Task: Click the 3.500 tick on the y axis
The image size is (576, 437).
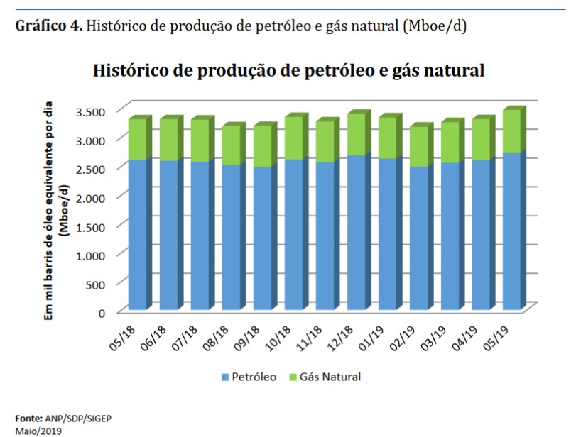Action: (x=90, y=111)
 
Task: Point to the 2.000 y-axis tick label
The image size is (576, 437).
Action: (x=90, y=197)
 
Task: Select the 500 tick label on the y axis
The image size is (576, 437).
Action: (x=96, y=284)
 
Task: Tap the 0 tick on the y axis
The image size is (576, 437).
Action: (x=102, y=312)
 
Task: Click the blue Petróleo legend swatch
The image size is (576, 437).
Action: (x=226, y=377)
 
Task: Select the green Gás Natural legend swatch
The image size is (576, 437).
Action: (x=293, y=377)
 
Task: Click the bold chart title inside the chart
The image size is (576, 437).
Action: (x=288, y=71)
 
